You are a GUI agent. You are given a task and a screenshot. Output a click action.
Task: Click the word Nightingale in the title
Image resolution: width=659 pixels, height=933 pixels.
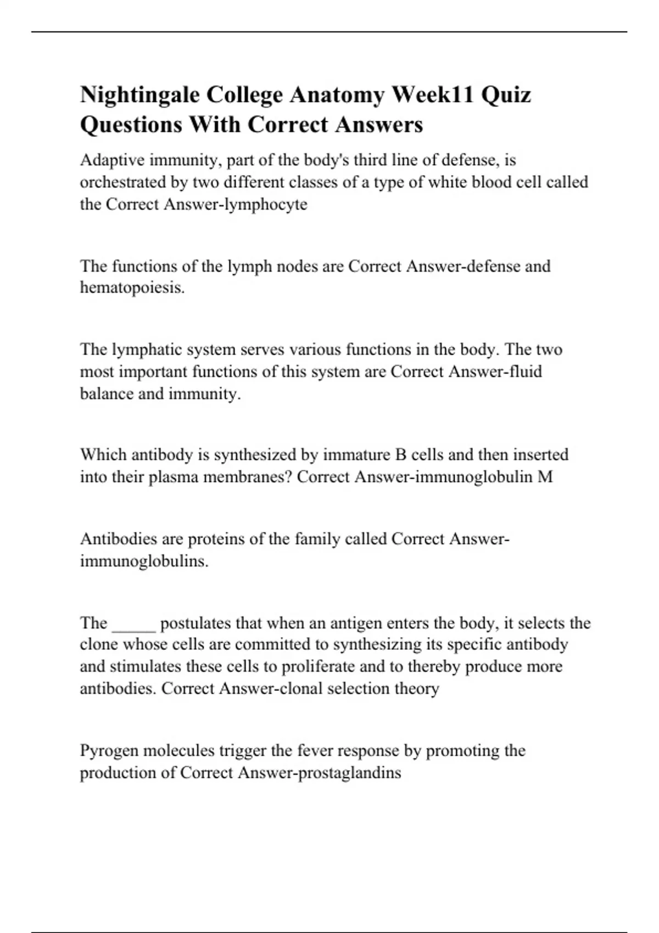(x=140, y=95)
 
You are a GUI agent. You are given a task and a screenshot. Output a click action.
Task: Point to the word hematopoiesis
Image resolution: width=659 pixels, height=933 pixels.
(x=132, y=288)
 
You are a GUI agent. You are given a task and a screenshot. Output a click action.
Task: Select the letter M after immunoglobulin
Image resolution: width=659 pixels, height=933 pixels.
(x=545, y=476)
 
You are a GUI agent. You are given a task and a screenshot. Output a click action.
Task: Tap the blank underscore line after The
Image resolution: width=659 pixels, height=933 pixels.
(x=134, y=625)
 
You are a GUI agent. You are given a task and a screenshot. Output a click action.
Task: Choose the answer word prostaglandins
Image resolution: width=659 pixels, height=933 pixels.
(x=349, y=773)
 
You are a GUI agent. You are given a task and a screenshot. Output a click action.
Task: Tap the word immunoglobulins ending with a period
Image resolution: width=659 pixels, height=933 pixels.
(x=144, y=561)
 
